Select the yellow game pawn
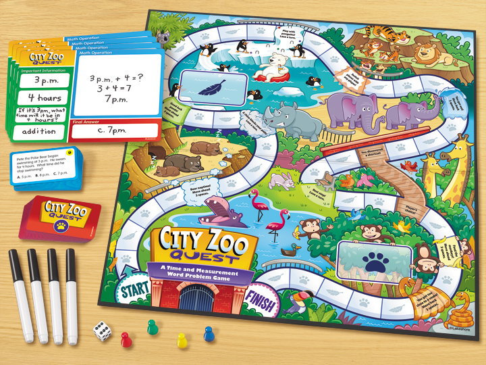pyautogui.click(x=182, y=340)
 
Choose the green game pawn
pyautogui.click(x=151, y=326)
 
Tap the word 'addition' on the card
pyautogui.click(x=38, y=131)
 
